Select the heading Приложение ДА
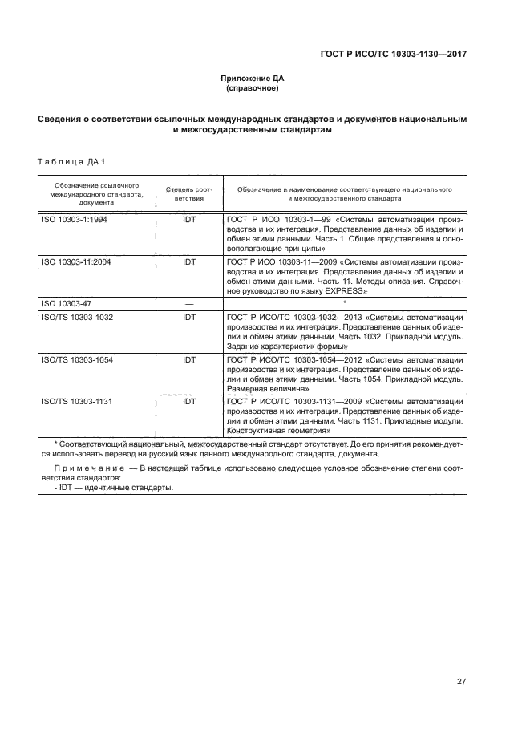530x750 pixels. point(253,78)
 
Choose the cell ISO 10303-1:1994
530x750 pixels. point(75,219)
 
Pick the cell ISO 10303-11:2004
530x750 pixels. point(76,261)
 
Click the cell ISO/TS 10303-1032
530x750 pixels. point(77,318)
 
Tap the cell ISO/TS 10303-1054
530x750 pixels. point(77,360)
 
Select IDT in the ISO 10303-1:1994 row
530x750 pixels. point(189,219)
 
